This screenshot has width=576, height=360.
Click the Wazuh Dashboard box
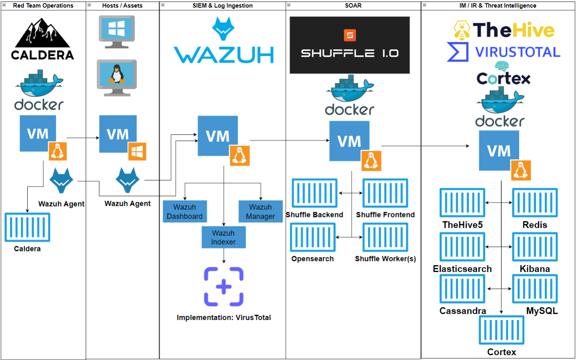(185, 211)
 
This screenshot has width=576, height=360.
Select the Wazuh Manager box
(260, 211)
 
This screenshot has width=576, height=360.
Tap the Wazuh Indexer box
(223, 237)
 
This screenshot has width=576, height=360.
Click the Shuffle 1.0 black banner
(349, 45)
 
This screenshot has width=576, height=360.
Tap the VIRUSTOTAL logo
(504, 52)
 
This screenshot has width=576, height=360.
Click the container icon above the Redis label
(535, 203)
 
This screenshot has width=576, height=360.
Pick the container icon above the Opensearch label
(313, 237)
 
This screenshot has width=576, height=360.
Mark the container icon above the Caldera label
(27, 227)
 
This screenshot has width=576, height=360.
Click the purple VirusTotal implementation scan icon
(223, 286)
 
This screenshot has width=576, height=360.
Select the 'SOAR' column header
(353, 6)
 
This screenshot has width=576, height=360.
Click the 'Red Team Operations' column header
(43, 6)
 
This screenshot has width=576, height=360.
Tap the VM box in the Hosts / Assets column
(118, 134)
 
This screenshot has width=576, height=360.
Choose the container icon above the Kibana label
(535, 247)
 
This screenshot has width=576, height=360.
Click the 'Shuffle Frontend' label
(385, 215)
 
